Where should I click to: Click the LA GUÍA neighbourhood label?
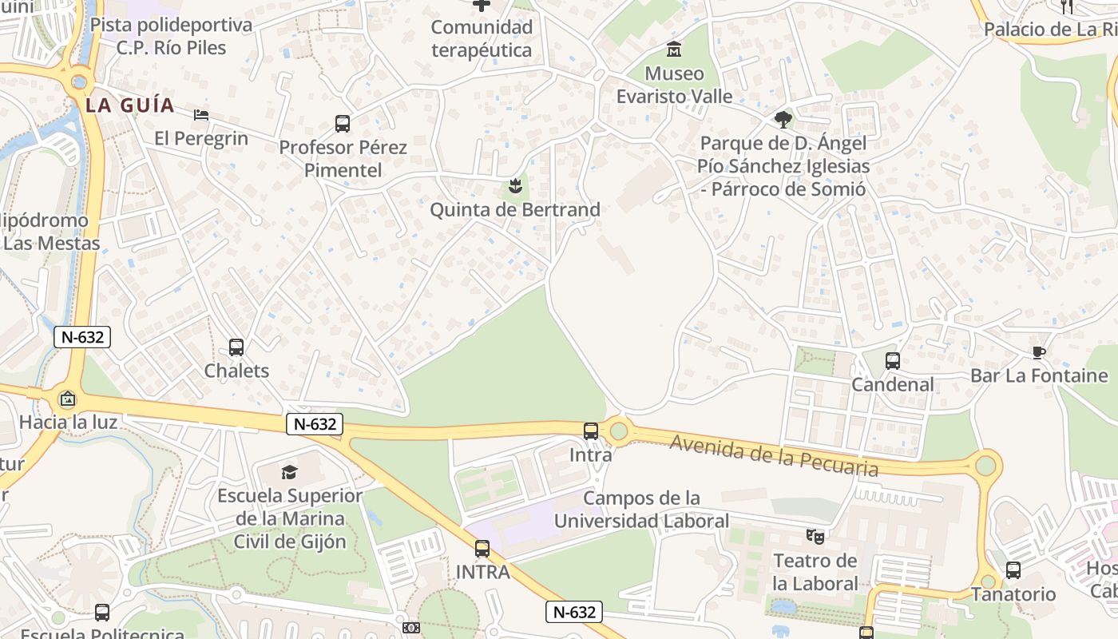[130, 105]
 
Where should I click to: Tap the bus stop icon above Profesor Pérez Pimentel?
[343, 124]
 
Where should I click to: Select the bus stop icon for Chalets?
[236, 347]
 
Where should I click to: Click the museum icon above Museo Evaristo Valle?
[674, 50]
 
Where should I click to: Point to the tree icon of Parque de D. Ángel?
[783, 120]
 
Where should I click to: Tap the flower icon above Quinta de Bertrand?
[514, 188]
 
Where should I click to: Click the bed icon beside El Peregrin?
[201, 115]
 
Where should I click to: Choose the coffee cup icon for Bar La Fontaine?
[1038, 352]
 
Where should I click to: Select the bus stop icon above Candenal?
[893, 361]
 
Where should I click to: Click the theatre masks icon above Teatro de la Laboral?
[815, 536]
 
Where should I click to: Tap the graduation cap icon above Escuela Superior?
[289, 472]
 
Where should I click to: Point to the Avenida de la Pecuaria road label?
[774, 456]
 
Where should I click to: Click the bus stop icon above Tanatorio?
[1013, 570]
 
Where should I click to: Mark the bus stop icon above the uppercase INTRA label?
[482, 549]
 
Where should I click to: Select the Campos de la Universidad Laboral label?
[641, 510]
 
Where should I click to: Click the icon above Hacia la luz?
[68, 399]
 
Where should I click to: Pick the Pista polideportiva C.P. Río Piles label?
[171, 36]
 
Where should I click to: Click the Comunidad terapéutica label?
[482, 38]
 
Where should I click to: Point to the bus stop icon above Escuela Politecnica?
[102, 613]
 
